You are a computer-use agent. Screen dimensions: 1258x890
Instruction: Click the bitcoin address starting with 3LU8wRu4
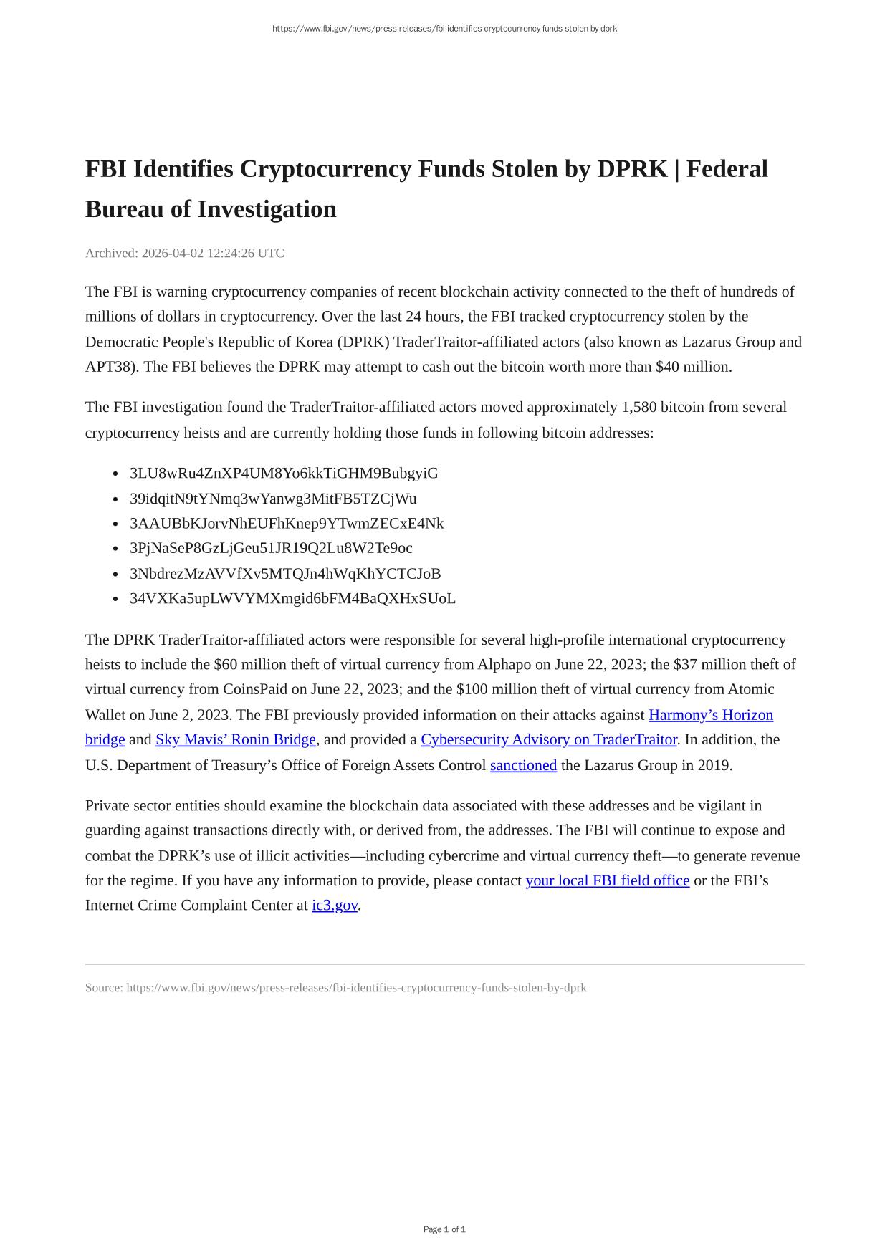tap(284, 474)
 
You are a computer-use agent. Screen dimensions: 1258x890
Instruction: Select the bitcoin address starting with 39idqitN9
tap(273, 499)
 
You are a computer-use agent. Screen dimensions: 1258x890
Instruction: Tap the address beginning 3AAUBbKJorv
tap(287, 524)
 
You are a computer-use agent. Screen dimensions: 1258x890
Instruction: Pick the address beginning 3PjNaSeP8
tap(271, 548)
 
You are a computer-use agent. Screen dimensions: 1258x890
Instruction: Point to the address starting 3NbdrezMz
tap(285, 574)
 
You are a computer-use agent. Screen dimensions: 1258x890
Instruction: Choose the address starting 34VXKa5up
tap(292, 599)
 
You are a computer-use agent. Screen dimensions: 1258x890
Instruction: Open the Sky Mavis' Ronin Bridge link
tap(236, 739)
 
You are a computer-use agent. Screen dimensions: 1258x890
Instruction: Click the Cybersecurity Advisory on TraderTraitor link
tap(549, 739)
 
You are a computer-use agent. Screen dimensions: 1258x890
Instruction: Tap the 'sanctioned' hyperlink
tap(523, 765)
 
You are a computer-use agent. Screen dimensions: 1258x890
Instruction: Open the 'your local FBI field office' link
tap(608, 880)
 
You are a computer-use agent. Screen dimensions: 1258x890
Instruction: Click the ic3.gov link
tap(335, 906)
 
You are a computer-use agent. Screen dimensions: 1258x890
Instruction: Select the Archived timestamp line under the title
tap(185, 253)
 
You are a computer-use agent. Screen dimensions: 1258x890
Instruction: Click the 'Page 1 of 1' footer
tap(444, 1229)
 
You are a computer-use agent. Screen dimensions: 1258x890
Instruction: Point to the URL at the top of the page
tap(444, 29)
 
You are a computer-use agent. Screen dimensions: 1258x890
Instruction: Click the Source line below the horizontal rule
tap(335, 988)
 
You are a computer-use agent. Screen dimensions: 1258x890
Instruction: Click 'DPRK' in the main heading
tap(633, 169)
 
